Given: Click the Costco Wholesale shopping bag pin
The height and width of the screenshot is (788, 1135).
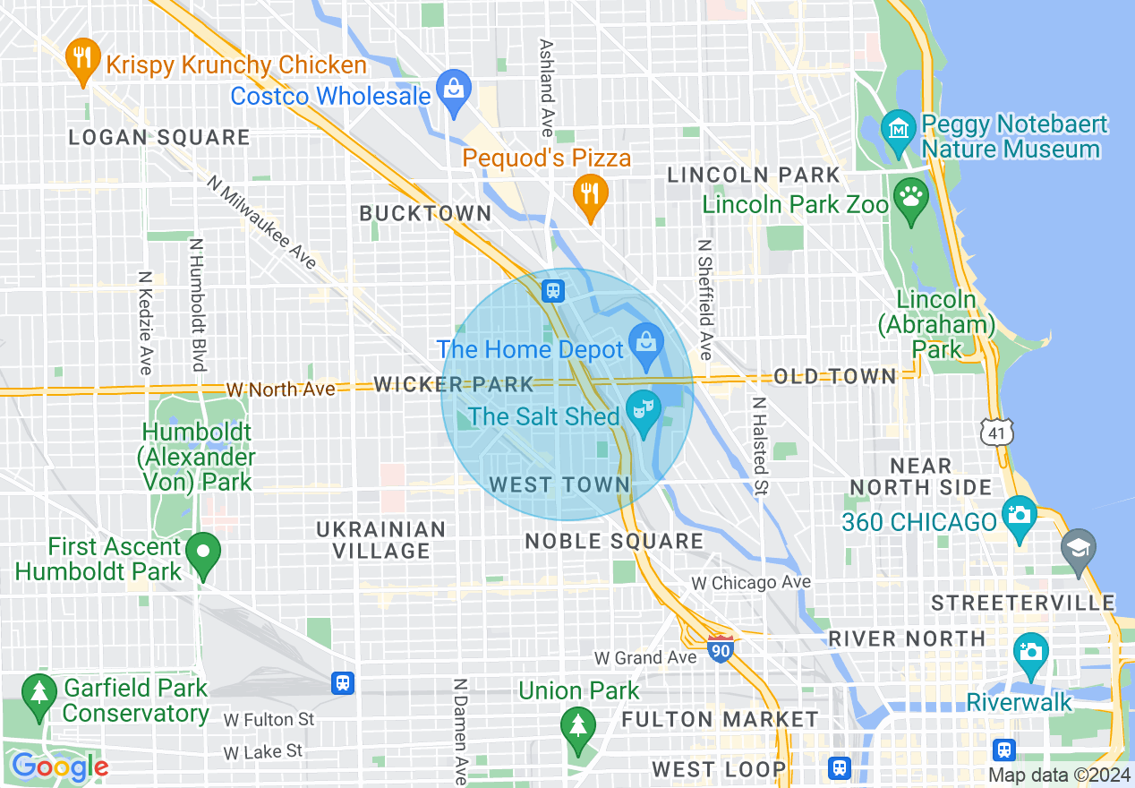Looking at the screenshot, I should point(455,90).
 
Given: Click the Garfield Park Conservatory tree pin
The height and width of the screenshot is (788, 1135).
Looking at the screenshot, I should point(38,694).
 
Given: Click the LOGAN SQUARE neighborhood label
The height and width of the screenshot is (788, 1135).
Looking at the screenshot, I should point(160,137).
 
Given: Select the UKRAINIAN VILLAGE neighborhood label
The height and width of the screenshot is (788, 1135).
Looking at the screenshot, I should point(380,540).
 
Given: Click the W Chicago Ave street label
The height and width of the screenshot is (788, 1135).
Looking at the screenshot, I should point(751,583).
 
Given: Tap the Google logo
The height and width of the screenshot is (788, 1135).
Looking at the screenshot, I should point(59,767).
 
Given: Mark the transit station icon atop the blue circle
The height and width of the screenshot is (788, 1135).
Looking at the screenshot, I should point(553,290).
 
